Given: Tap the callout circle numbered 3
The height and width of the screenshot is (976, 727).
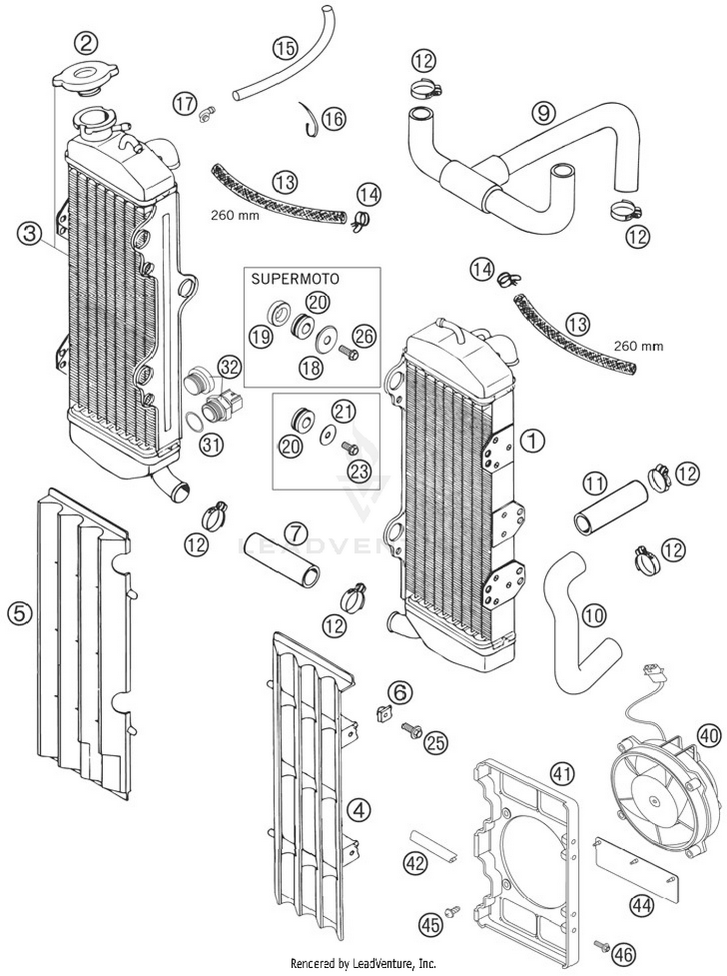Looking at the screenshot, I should [30, 234].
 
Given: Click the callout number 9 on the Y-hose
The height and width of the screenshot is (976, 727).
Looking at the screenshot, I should [543, 113].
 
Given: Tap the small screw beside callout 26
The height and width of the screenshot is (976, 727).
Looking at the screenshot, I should [349, 352].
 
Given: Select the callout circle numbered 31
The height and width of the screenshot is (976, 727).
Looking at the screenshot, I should [211, 444].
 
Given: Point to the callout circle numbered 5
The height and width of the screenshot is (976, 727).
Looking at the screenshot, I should [20, 614].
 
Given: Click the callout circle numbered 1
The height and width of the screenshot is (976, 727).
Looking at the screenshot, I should [533, 441].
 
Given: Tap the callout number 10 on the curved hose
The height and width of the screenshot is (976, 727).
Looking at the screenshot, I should [594, 616].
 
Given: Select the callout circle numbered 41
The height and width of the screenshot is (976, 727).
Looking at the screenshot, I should [562, 774].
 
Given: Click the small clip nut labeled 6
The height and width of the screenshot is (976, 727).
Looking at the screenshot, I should [384, 713].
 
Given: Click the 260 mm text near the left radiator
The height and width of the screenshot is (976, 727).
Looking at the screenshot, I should [235, 215].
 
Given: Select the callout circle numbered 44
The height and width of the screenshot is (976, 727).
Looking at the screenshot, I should [642, 905].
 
